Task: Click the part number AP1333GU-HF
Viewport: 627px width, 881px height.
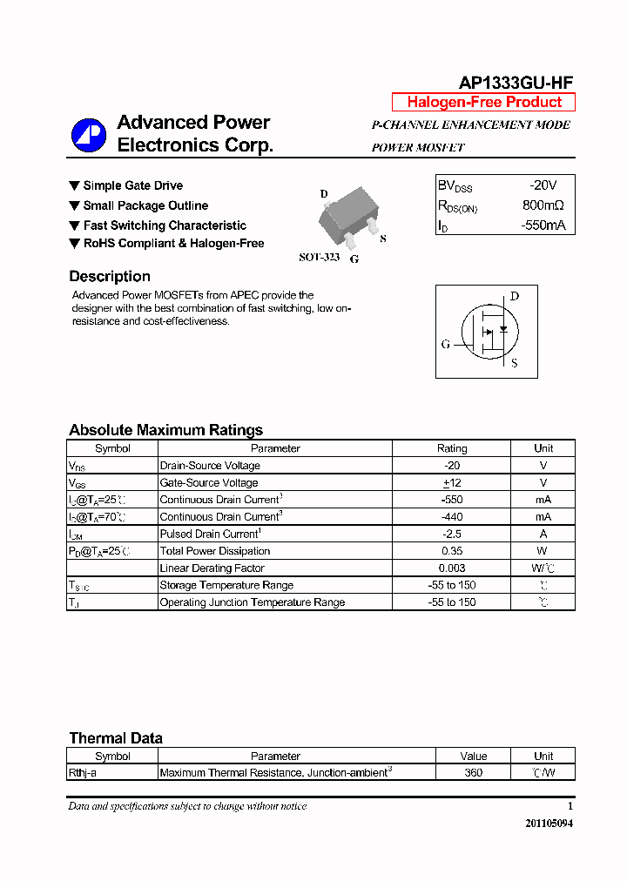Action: [x=516, y=83]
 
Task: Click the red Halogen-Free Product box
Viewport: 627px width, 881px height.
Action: [x=483, y=102]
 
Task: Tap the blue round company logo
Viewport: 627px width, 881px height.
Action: [x=88, y=134]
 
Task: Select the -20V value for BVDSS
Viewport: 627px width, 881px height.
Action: [x=543, y=185]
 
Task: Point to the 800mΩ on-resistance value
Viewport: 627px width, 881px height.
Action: [x=543, y=205]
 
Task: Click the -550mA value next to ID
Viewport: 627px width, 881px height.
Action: [x=543, y=225]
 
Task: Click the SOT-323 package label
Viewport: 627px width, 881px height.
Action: [x=319, y=258]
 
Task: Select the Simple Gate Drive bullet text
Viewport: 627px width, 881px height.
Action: [x=132, y=185]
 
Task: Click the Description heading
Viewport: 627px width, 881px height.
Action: [x=110, y=277]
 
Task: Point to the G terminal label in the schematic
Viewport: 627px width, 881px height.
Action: [x=446, y=345]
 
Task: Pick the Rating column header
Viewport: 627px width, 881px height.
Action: [x=451, y=448]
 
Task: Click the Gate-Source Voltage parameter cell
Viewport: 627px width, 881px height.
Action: [x=209, y=483]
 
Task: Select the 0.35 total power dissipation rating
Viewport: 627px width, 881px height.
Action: [x=451, y=551]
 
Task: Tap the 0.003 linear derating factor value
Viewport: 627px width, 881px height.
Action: [x=451, y=568]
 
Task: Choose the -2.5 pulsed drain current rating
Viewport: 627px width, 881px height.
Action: [x=451, y=534]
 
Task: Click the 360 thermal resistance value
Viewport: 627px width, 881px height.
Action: [x=474, y=772]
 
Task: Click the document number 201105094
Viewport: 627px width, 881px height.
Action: [x=549, y=824]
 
